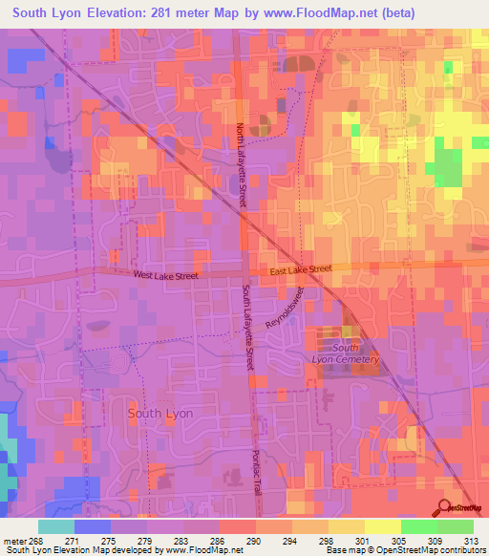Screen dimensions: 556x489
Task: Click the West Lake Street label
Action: pos(165,276)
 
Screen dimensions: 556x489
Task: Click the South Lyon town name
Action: pos(160,414)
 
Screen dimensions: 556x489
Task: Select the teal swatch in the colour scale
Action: pos(55,526)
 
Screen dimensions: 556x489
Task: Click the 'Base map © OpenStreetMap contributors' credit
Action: pos(406,550)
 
